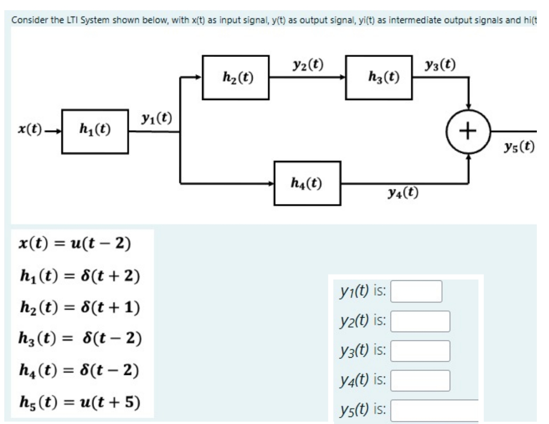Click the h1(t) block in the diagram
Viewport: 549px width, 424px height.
95,131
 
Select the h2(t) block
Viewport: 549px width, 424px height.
236,77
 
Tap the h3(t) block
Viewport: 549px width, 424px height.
379,77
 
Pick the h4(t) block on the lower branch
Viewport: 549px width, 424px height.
307,183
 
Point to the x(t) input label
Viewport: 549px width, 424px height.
31,129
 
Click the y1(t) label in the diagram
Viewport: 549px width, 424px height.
156,118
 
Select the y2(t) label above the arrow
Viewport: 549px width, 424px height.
308,64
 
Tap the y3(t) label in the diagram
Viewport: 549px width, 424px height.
440,64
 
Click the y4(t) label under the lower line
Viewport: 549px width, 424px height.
403,193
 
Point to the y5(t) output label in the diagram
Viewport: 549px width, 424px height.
519,147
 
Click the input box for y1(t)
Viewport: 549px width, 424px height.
416,291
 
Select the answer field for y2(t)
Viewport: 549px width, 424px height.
420,321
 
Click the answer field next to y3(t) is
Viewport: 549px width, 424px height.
420,351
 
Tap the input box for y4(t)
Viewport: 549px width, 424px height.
420,380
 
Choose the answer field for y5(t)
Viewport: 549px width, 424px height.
434,410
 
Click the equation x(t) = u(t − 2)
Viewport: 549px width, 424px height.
75,244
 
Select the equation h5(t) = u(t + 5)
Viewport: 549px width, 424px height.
80,402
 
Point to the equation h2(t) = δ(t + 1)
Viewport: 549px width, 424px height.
80,307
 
